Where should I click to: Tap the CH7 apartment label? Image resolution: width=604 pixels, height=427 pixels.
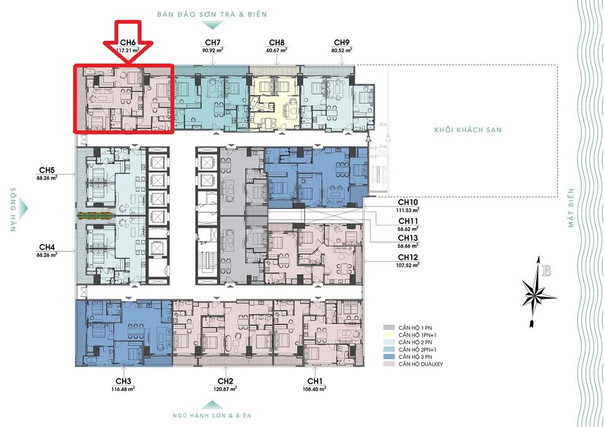click(x=212, y=43)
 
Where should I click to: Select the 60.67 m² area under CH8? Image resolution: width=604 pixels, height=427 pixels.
click(x=277, y=50)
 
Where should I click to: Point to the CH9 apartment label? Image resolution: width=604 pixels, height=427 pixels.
click(x=342, y=43)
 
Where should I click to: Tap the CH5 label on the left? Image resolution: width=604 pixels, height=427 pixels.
click(x=47, y=170)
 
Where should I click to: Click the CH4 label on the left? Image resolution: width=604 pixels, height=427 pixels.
click(x=47, y=247)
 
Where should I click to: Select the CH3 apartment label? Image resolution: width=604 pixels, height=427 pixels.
click(x=123, y=381)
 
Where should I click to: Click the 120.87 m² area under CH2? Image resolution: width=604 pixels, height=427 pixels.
click(x=226, y=389)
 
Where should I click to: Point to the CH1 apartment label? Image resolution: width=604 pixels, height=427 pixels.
click(x=315, y=381)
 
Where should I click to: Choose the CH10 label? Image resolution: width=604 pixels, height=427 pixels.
click(x=408, y=203)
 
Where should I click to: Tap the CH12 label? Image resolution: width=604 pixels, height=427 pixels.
click(x=408, y=257)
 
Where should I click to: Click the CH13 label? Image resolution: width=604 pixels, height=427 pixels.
click(x=408, y=239)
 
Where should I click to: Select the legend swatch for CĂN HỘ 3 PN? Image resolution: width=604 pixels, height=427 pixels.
click(x=388, y=356)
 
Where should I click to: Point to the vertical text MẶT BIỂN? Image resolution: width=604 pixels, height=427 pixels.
click(x=572, y=208)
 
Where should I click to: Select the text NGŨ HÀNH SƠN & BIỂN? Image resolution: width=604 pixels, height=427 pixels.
click(x=211, y=416)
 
